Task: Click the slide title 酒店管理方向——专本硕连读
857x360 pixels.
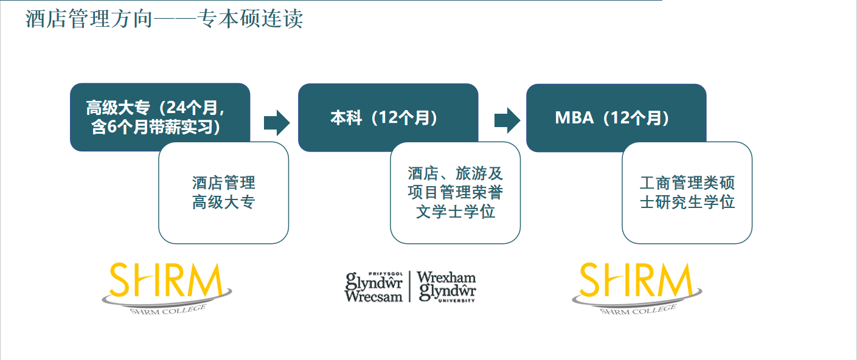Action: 164,19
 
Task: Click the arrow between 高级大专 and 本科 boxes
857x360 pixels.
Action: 277,123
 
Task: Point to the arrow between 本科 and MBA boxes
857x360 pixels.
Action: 507,120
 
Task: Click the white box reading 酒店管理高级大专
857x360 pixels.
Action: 224,193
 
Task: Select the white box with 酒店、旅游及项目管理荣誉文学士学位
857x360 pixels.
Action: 456,193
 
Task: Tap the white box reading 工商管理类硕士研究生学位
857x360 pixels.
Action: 687,193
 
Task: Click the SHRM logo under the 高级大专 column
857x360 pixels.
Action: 167,288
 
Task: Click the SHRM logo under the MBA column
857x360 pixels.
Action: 637,288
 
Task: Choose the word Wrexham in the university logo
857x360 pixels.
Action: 446,277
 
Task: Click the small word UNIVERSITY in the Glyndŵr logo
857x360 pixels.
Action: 456,300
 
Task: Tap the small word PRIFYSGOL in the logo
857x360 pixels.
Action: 386,274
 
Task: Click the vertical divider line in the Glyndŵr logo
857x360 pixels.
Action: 410,286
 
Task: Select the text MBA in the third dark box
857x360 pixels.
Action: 574,117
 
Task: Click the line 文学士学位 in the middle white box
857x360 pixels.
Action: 456,212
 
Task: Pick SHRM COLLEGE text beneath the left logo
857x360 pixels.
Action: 168,310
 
